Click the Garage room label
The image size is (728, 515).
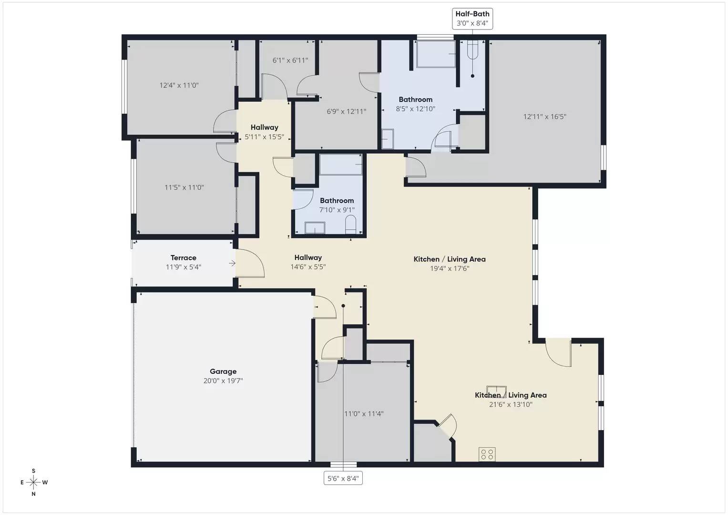pos(223,371)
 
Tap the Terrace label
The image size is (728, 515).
pos(184,258)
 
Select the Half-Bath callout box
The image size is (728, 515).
pos(472,19)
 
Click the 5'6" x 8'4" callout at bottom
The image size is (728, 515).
pos(343,478)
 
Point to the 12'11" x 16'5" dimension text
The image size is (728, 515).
pos(544,117)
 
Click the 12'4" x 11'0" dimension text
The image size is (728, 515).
pos(179,86)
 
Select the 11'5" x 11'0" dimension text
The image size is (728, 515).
pos(184,188)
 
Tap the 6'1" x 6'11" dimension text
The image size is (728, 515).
pos(290,61)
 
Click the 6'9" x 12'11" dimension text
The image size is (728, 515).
pos(346,112)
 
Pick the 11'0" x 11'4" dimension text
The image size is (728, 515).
pos(364,414)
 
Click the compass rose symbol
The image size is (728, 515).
pos(33,482)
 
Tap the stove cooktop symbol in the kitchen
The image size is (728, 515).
pos(487,454)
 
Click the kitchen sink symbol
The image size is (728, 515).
pos(496,391)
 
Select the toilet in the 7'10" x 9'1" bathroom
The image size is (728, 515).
pos(350,225)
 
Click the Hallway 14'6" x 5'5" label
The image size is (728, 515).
pos(308,262)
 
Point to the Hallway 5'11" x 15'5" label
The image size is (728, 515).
pos(264,132)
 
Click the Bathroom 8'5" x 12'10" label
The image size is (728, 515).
pos(415,104)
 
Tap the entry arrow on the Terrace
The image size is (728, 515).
pos(232,263)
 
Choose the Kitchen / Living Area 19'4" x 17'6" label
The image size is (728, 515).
pos(449,264)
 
